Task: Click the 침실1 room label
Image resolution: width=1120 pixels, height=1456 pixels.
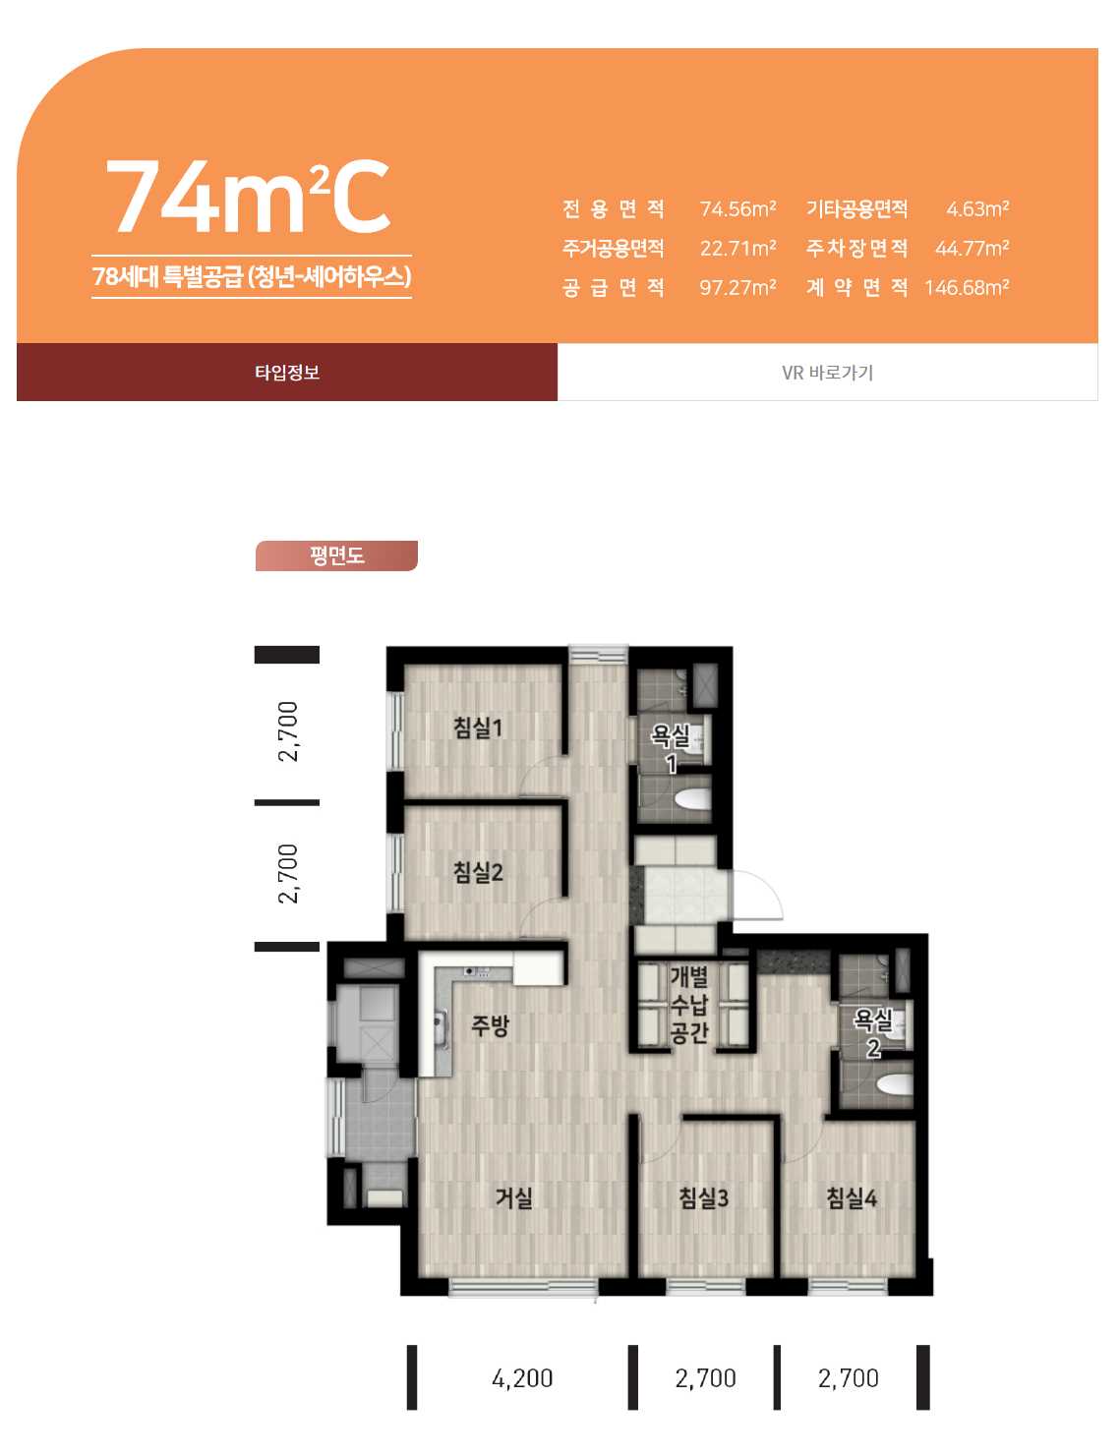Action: (x=477, y=728)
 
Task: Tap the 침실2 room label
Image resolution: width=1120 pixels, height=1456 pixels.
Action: (x=477, y=872)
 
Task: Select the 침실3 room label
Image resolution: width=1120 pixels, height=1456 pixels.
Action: (x=703, y=1197)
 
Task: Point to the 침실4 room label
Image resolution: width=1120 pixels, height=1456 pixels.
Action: (x=851, y=1197)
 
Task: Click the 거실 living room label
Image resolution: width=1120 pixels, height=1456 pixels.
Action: (x=513, y=1197)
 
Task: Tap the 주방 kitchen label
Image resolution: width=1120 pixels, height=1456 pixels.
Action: (x=490, y=1025)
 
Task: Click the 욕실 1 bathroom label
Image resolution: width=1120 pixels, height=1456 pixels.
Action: (x=671, y=749)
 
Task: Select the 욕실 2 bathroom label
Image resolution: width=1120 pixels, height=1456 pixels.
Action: (x=872, y=1034)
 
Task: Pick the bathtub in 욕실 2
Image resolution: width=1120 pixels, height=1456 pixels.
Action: (x=894, y=1083)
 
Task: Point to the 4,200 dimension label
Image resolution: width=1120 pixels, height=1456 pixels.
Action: (x=522, y=1377)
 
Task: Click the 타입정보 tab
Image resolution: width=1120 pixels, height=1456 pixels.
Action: (x=287, y=372)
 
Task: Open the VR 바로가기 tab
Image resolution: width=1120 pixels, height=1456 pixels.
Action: (x=827, y=372)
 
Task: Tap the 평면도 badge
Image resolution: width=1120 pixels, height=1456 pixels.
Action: (x=336, y=555)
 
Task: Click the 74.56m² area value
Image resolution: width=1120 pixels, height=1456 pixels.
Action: (x=737, y=209)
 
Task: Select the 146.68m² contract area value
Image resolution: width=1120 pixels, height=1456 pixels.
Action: (x=967, y=287)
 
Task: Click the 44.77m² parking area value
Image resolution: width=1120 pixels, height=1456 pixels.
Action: (x=972, y=249)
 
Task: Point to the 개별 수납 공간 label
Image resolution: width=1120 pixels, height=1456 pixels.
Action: (x=688, y=1005)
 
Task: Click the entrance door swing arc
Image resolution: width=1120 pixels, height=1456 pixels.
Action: (x=770, y=886)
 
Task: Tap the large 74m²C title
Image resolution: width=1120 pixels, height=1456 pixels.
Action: (x=247, y=197)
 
